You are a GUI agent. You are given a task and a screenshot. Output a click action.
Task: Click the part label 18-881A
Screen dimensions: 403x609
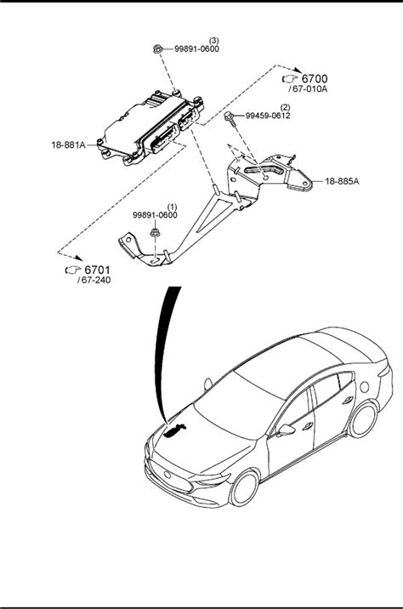(x=68, y=145)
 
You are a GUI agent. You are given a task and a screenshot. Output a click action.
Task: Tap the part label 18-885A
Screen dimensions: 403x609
(x=342, y=181)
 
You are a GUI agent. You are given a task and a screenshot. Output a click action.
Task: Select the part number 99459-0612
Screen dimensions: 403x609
(x=268, y=116)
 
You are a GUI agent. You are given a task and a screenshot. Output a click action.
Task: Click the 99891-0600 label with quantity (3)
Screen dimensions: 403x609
(x=197, y=49)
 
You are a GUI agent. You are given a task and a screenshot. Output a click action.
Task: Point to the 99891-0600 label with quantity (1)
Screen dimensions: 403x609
(x=155, y=215)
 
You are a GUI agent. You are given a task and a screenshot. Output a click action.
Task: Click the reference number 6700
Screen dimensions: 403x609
(x=315, y=79)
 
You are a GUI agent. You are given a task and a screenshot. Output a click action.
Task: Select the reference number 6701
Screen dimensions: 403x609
(x=98, y=270)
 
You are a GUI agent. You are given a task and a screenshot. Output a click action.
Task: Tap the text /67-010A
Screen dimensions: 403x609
(x=308, y=89)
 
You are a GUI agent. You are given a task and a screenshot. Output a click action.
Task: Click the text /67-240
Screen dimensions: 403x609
(x=94, y=280)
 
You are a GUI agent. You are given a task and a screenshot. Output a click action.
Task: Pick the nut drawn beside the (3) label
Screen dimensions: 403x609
(x=157, y=49)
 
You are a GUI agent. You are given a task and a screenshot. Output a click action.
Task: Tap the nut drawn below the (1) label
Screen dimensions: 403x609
(x=155, y=233)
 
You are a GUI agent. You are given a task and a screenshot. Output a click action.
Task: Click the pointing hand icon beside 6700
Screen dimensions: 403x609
(x=289, y=79)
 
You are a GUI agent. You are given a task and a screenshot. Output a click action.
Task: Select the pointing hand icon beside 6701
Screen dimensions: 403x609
(x=72, y=270)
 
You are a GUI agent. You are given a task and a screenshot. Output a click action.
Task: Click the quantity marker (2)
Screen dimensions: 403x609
(x=286, y=107)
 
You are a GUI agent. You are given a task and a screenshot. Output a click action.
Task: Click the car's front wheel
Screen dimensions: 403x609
(x=245, y=488)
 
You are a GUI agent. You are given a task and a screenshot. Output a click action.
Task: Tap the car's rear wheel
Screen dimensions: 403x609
(x=363, y=419)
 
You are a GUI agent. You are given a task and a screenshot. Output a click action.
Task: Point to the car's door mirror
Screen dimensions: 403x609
(x=287, y=430)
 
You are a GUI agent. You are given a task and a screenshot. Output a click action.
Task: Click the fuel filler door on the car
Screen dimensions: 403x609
(x=364, y=387)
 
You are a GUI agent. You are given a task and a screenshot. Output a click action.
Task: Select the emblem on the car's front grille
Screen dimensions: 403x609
(x=167, y=475)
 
